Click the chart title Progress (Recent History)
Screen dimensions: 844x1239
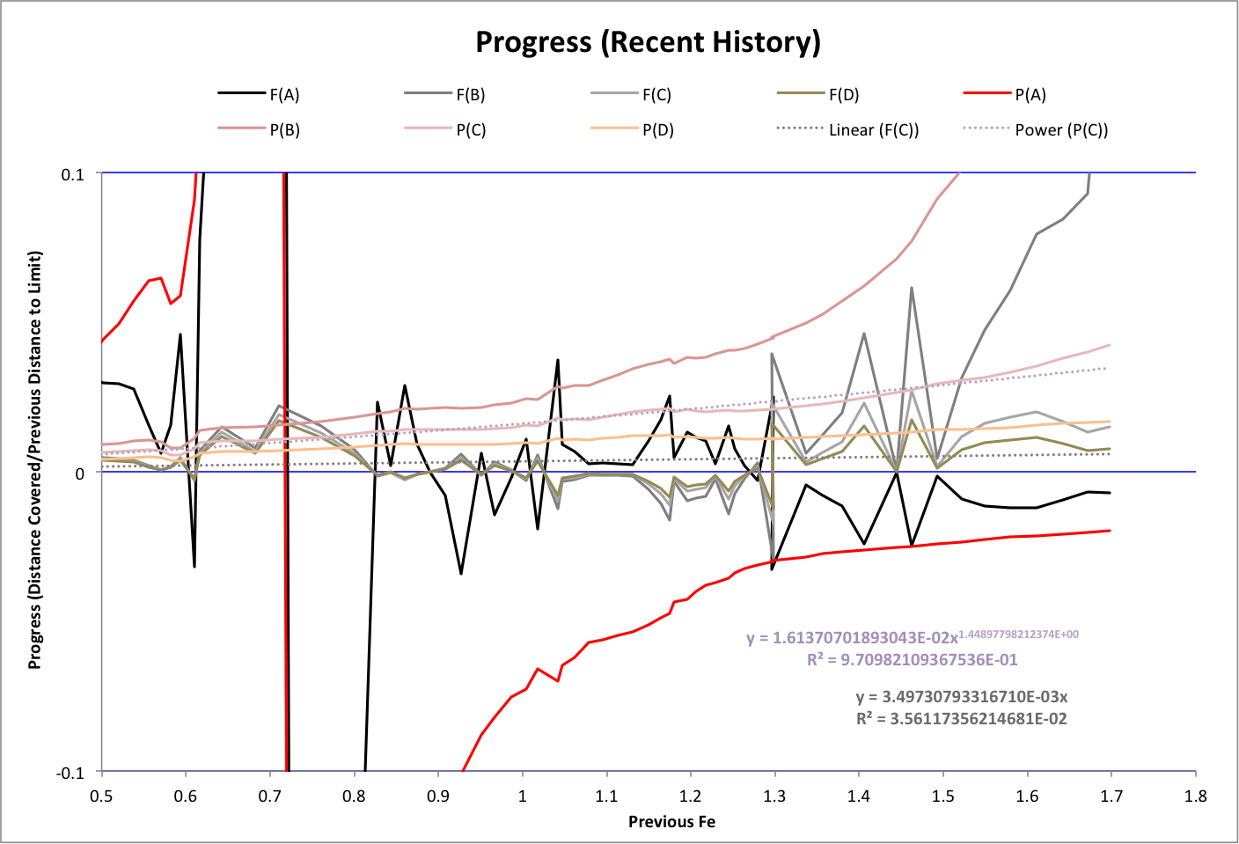click(648, 42)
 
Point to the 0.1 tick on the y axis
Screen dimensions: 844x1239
click(72, 174)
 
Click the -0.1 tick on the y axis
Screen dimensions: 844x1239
click(70, 773)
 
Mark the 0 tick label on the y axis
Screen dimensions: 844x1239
click(80, 473)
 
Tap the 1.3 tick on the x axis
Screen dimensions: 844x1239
click(774, 796)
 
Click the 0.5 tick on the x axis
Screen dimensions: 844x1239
click(101, 796)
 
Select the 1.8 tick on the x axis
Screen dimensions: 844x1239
click(1195, 796)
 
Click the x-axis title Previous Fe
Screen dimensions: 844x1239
click(671, 822)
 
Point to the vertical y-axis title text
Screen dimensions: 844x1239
click(35, 460)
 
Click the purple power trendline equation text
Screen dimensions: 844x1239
click(912, 637)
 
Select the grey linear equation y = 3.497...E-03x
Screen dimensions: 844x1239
click(961, 697)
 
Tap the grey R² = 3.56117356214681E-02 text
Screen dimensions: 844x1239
click(961, 719)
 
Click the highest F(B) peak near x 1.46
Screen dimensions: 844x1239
click(911, 288)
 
